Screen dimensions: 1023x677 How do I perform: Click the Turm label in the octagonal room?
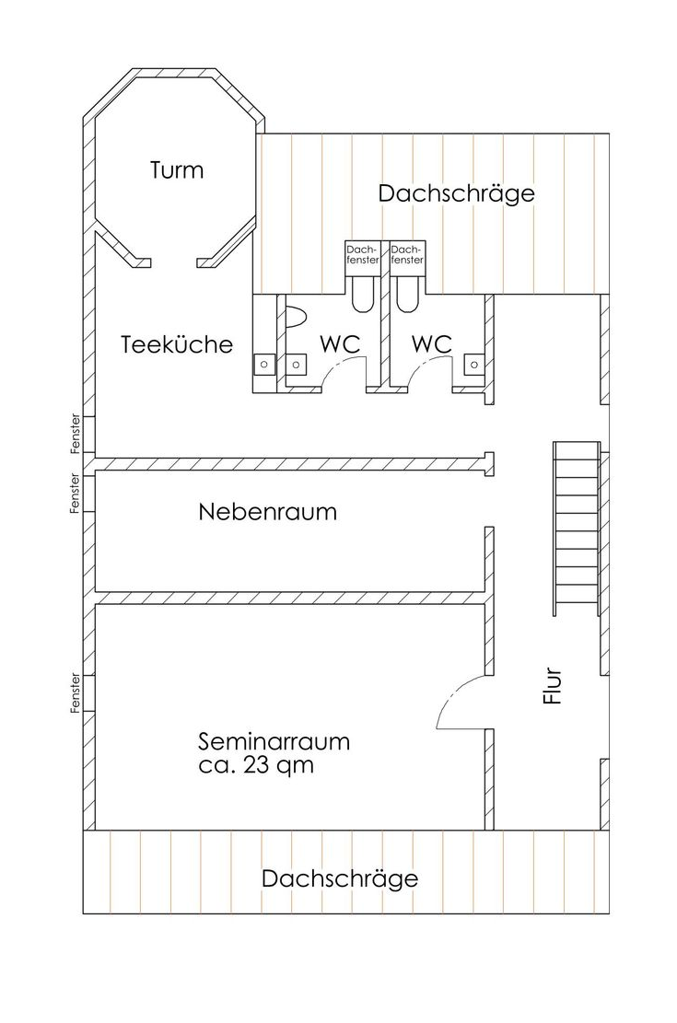tap(177, 170)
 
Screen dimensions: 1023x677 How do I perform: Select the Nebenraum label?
tap(267, 512)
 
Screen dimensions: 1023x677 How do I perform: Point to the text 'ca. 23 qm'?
tap(256, 764)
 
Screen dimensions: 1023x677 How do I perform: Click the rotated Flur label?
tap(553, 686)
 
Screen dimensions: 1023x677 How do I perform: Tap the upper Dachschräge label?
tap(456, 193)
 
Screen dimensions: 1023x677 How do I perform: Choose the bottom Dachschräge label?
tap(339, 878)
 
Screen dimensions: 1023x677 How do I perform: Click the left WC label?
tap(339, 343)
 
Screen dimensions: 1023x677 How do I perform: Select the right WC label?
tap(431, 343)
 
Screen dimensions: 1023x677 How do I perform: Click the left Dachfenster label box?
tap(362, 254)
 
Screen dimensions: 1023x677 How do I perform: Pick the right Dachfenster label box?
tap(406, 254)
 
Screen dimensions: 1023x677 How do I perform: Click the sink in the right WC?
tap(474, 365)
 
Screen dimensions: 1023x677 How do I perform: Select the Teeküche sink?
tap(264, 365)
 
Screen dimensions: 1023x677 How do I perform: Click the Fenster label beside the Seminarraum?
tap(76, 692)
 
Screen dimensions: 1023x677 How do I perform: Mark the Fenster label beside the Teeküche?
tap(76, 435)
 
